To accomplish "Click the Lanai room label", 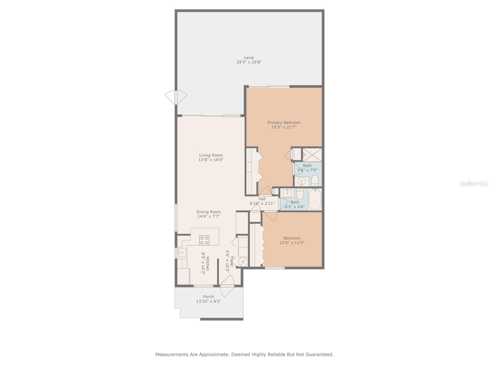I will pyautogui.click(x=249, y=57).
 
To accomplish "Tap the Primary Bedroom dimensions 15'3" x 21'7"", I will pyautogui.click(x=284, y=127).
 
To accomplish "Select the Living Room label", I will pyautogui.click(x=211, y=155).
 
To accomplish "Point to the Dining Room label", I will pyautogui.click(x=208, y=212).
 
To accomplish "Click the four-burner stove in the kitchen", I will pyautogui.click(x=204, y=240).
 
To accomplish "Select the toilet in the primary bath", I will pyautogui.click(x=315, y=181).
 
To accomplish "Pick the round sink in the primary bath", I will pyautogui.click(x=302, y=182).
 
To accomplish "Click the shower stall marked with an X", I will pyautogui.click(x=312, y=154).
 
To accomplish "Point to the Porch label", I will pyautogui.click(x=208, y=296).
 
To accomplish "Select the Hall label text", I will pyautogui.click(x=262, y=199).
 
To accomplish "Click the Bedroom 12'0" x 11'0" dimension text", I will pyautogui.click(x=292, y=243).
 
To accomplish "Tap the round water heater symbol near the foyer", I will pyautogui.click(x=243, y=262).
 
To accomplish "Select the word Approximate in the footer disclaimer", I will pyautogui.click(x=211, y=354).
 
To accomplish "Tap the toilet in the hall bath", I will pyautogui.click(x=300, y=194).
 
